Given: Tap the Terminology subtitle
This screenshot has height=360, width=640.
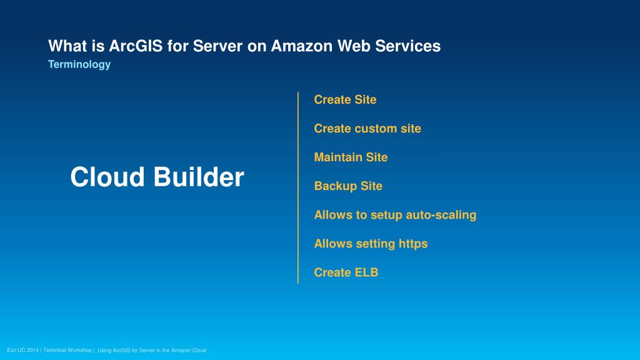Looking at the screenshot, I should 79,64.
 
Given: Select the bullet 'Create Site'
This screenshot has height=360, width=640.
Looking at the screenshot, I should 345,99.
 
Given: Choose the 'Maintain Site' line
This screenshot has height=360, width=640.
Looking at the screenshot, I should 351,157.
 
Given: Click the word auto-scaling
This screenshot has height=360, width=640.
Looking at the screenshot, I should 441,214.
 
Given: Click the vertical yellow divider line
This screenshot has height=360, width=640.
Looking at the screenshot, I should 298,187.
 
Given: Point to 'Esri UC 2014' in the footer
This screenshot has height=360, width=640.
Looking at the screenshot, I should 22,350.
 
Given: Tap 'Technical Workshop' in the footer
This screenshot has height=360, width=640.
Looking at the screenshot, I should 67,350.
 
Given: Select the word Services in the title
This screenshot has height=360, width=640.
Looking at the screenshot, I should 411,46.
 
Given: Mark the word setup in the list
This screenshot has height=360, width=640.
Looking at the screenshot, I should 386,214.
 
